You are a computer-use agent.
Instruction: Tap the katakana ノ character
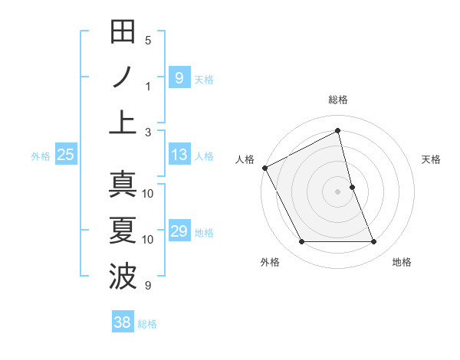pos(123,77)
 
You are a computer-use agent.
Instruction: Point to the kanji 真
pos(123,185)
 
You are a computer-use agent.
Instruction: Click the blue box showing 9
pos(179,77)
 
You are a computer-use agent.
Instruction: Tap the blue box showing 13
pos(179,155)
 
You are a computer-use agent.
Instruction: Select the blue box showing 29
pos(179,231)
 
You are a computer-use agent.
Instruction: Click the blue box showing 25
pos(66,155)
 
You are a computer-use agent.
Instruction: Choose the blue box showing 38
pos(123,322)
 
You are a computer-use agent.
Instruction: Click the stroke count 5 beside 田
pos(148,40)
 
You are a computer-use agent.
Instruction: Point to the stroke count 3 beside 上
pos(148,132)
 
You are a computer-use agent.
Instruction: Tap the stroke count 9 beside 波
pos(148,286)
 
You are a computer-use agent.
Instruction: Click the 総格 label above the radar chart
pos(338,100)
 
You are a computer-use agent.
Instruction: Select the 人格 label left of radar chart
pos(245,159)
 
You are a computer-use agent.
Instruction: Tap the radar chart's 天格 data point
pos(352,187)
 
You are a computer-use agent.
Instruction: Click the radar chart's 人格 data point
pos(264,168)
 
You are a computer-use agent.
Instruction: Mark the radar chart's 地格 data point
pos(374,242)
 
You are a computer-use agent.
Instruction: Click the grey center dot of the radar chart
pos(338,191)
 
